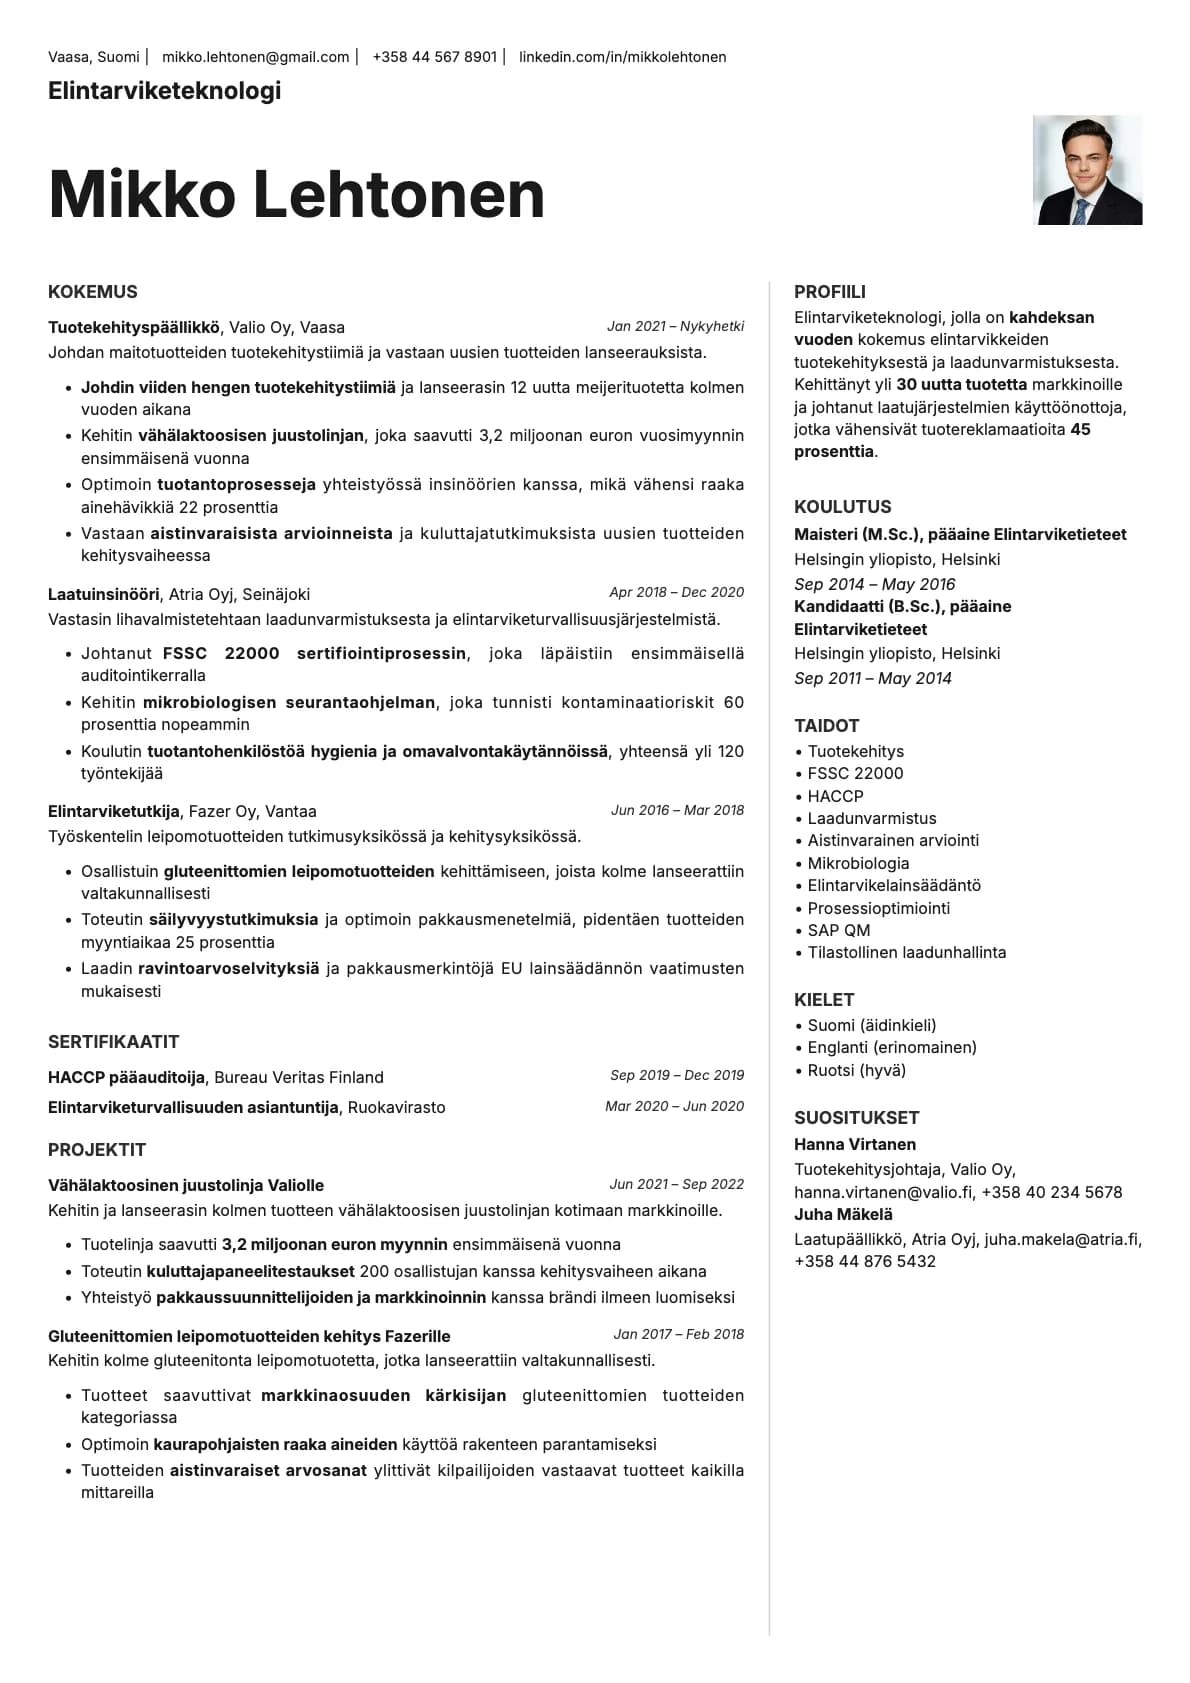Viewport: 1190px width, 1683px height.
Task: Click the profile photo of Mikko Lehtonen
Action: (1087, 170)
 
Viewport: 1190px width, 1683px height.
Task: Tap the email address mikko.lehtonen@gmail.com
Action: (255, 57)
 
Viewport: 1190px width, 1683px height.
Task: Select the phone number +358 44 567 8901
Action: (434, 57)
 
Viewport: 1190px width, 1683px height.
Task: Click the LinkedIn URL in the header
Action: (622, 57)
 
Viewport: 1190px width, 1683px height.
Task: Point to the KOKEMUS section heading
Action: (93, 292)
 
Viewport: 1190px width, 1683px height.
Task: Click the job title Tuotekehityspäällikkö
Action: (134, 327)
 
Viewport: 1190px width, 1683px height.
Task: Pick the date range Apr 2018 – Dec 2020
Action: (676, 592)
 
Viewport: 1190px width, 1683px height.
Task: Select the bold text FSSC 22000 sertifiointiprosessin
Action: (314, 653)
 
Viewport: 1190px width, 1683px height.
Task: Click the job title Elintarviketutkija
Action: (114, 811)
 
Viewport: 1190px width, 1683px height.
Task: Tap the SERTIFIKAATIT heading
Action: (114, 1042)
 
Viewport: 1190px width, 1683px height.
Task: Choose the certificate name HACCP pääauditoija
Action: (127, 1077)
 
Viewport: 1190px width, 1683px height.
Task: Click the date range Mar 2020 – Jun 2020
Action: (674, 1106)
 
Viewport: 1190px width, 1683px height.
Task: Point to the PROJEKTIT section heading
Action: (97, 1150)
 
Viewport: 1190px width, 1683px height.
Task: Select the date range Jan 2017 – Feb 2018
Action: (678, 1334)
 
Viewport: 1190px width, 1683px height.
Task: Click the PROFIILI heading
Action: (830, 292)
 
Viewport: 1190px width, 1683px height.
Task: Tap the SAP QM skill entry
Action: (838, 930)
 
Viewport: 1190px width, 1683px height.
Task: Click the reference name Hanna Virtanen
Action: (855, 1144)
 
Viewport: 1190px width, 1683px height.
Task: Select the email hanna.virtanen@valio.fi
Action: (883, 1192)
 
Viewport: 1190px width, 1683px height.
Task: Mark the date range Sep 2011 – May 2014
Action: (873, 678)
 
